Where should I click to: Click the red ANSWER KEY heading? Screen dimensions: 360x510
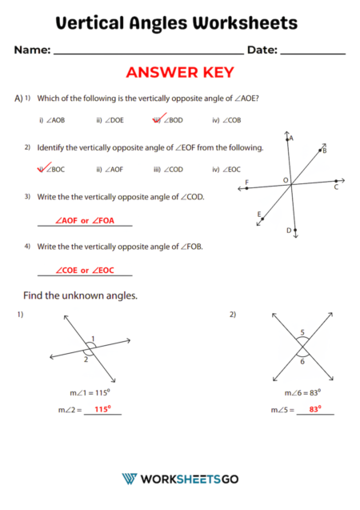click(x=179, y=73)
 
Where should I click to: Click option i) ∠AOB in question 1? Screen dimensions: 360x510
click(x=52, y=120)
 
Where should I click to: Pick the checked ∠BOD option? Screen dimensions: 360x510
click(x=167, y=120)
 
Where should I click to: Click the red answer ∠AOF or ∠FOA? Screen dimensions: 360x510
click(x=84, y=220)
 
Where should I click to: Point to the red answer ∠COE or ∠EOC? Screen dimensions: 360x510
click(x=84, y=270)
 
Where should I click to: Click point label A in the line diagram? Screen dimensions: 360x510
click(x=291, y=139)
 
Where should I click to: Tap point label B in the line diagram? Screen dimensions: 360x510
click(x=324, y=150)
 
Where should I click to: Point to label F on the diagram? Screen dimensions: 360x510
click(x=246, y=183)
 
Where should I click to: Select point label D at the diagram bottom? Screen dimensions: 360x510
click(x=289, y=231)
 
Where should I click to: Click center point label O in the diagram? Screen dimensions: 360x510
click(x=285, y=181)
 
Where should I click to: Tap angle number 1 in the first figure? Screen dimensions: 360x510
click(x=93, y=338)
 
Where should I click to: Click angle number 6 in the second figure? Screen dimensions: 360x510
click(x=302, y=362)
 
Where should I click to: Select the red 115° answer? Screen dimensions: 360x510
click(x=102, y=409)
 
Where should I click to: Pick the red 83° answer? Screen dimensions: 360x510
click(x=314, y=409)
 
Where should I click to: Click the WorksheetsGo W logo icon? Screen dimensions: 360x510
click(x=129, y=478)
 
